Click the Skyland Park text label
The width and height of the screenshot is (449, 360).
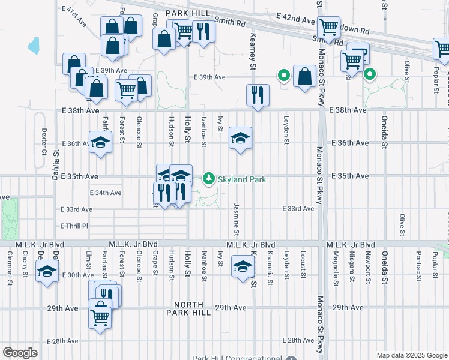(241, 179)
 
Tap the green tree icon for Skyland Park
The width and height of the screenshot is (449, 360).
(209, 178)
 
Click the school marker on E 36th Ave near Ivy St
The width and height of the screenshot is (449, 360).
(240, 139)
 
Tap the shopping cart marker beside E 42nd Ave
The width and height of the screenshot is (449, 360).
(328, 28)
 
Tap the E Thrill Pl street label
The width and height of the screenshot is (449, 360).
(74, 226)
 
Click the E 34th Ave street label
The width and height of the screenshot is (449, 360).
(106, 193)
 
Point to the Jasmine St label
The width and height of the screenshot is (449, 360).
(236, 219)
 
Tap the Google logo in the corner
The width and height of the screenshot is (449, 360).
(20, 353)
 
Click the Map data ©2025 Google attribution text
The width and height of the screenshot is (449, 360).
(411, 355)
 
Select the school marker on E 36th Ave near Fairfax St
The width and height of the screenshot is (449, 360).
(101, 143)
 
